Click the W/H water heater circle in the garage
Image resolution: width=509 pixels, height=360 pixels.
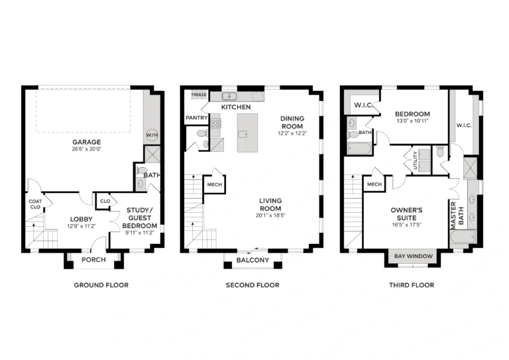(x=152, y=135)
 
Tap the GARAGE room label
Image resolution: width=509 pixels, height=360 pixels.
(x=86, y=142)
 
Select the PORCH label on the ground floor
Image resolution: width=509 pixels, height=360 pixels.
(x=93, y=260)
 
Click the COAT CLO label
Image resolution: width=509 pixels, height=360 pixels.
(x=35, y=204)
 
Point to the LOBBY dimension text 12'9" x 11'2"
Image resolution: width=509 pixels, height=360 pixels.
(x=82, y=226)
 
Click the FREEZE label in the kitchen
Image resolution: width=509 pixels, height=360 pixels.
(x=199, y=95)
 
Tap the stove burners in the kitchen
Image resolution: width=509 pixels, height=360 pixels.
(x=216, y=123)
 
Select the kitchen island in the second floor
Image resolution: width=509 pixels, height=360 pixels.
(x=247, y=133)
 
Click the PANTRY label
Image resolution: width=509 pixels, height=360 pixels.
(x=196, y=118)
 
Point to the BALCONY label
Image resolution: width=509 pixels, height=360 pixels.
(x=253, y=260)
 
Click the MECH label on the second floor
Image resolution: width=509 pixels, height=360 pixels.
(x=215, y=185)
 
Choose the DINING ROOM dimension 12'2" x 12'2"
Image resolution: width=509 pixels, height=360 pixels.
(x=292, y=133)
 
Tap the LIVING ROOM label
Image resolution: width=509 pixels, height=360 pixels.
(x=270, y=204)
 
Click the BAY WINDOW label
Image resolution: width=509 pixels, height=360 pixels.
(x=414, y=256)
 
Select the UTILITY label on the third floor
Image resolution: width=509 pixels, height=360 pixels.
(x=415, y=160)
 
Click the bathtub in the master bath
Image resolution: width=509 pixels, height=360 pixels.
(x=463, y=237)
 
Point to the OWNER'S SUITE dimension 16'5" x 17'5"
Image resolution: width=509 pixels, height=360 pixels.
(x=406, y=225)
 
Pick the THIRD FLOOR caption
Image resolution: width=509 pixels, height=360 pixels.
(x=412, y=285)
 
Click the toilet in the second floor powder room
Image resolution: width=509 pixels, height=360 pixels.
(x=202, y=133)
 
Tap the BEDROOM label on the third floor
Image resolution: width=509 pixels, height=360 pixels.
(x=412, y=114)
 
